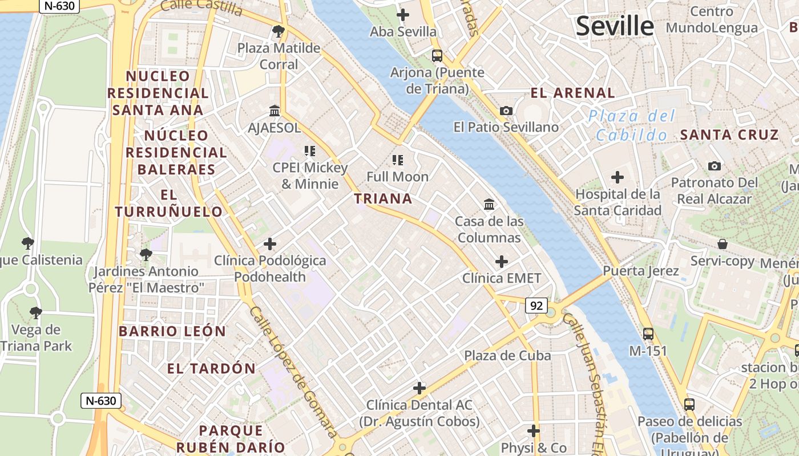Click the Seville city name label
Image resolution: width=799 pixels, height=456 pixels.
pos(615,26)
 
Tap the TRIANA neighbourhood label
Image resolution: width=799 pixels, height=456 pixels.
pos(383,198)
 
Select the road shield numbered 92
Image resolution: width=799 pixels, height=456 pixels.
pos(536,306)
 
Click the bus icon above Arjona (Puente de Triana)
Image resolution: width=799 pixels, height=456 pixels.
pos(437,55)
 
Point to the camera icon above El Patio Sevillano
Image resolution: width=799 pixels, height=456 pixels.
pos(506,111)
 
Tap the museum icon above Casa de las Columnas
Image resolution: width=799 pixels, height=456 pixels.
pos(489,204)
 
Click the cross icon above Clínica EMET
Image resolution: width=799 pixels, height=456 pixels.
pos(502,262)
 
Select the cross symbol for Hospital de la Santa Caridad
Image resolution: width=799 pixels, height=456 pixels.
pos(617,177)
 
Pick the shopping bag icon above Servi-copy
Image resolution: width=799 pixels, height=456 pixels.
pos(723,244)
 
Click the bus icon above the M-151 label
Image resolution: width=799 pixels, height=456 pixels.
pos(648,334)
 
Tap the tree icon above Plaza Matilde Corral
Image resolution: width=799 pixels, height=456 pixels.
pos(279,31)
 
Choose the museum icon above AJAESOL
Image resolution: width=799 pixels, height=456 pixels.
pos(275,111)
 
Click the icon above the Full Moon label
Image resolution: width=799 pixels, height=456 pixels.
pos(398,160)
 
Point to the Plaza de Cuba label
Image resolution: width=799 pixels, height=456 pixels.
pos(507,356)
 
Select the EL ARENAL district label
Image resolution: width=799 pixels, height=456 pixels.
pos(572,93)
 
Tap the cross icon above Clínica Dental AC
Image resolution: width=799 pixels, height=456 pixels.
pos(419,388)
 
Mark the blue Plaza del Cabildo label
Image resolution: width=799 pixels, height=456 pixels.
pos(632,125)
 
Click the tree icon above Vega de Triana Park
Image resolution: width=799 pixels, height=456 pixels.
pos(36,312)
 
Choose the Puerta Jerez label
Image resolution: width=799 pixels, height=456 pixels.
pos(641,271)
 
